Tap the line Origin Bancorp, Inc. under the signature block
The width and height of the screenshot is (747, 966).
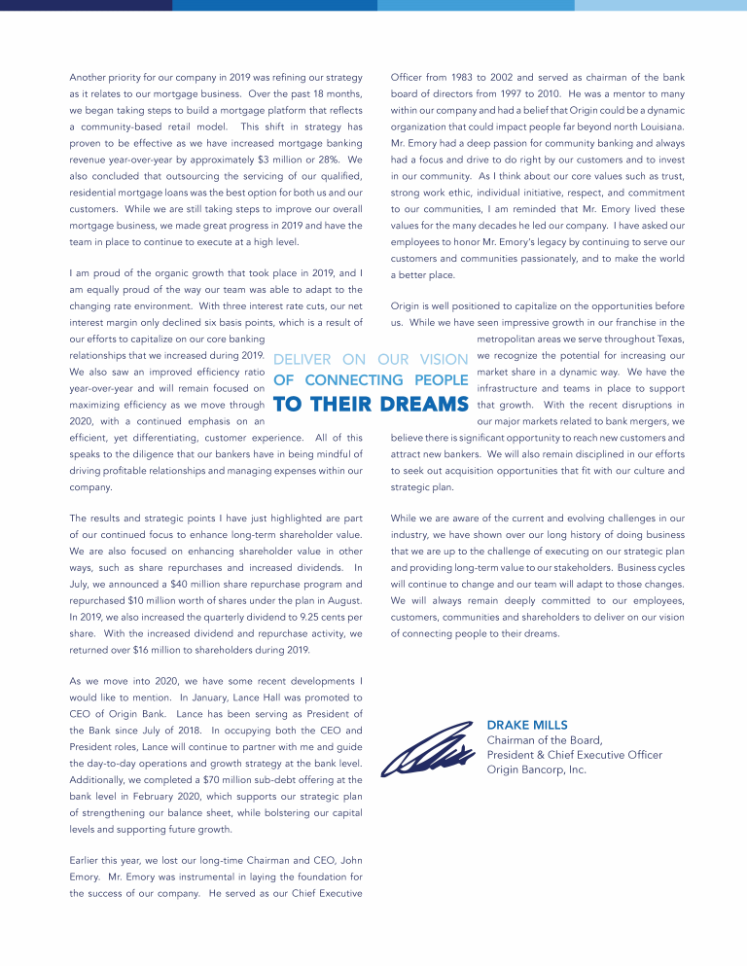pos(536,769)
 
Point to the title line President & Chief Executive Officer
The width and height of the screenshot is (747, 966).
pos(574,755)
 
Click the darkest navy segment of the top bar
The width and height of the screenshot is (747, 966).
pos(87,5)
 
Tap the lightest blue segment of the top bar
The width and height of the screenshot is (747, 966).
pos(660,5)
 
